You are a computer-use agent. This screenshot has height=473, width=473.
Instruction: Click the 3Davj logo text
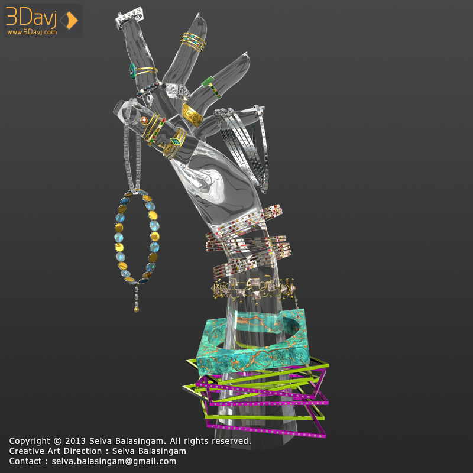pos(31,17)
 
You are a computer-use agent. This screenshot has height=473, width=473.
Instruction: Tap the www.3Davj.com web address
pos(32,32)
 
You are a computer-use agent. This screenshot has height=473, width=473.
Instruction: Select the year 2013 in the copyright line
pos(76,441)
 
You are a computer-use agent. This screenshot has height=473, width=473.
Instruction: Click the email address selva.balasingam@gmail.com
pos(114,461)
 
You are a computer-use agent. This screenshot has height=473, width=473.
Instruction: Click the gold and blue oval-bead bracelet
pos(137,237)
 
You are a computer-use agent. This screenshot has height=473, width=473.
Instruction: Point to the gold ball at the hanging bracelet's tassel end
pos(137,310)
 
